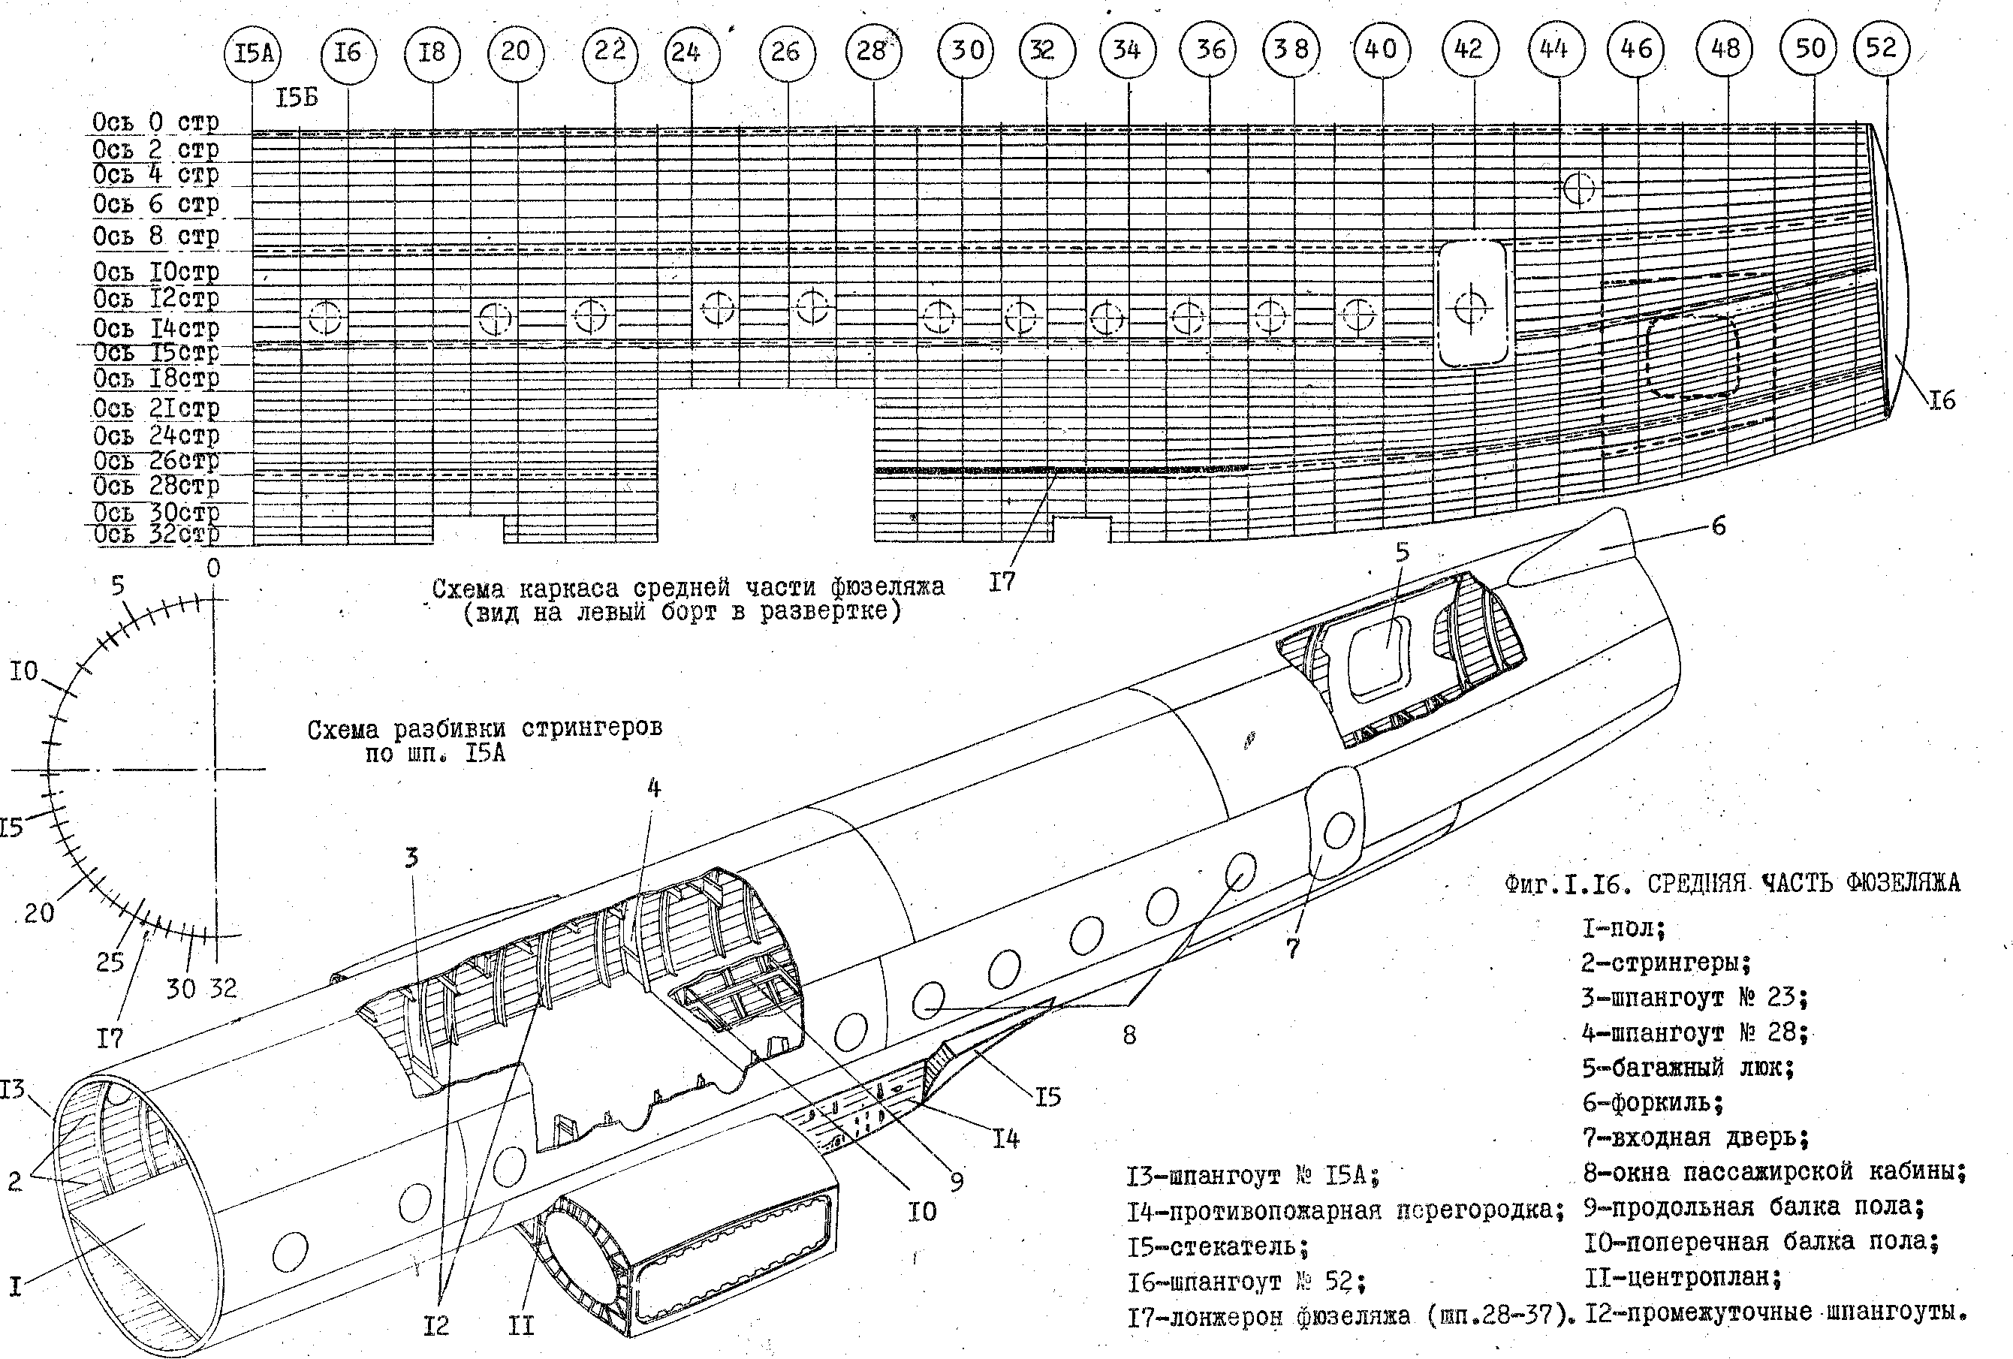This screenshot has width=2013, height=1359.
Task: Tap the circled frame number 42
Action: click(1468, 50)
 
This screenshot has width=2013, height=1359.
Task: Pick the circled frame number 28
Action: click(872, 52)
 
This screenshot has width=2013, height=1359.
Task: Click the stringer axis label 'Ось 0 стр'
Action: click(156, 122)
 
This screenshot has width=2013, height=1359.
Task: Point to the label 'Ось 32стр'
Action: click(156, 534)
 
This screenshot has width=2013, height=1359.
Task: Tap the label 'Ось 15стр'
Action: click(156, 353)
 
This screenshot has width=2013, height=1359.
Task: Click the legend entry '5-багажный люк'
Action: click(1687, 1067)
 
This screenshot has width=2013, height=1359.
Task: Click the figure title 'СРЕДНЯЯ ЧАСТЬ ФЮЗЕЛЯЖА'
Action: click(1803, 884)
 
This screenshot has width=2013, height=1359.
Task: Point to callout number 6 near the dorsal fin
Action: click(1719, 526)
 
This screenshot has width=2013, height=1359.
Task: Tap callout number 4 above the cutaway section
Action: click(654, 788)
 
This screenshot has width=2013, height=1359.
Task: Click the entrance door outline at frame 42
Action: click(1472, 304)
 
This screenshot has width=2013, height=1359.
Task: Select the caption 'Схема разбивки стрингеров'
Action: click(484, 729)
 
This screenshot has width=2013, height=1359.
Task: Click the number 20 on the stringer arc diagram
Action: click(39, 913)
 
